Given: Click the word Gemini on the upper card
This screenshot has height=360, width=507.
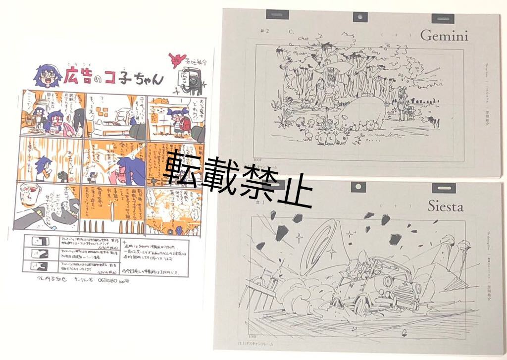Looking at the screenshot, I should click(445, 36).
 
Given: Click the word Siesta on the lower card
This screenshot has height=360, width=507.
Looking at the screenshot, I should click(445, 206).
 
